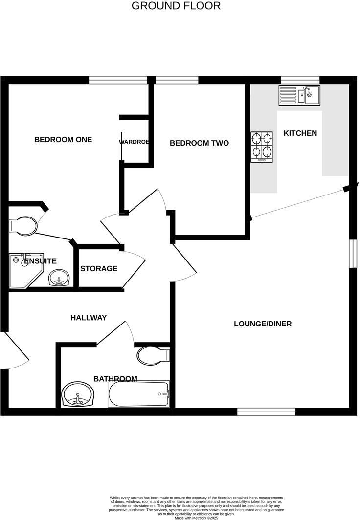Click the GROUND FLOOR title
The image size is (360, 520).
tap(176, 6)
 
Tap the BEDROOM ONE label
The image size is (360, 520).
tap(63, 140)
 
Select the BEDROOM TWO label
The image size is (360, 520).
tap(199, 143)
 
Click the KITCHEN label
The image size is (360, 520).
tap(300, 133)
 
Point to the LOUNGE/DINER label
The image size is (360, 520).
tap(263, 324)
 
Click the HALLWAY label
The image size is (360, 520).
tap(89, 318)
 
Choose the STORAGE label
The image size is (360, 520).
tap(99, 268)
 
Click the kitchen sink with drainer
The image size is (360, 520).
tap(299, 95)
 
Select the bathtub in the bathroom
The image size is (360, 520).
tap(138, 394)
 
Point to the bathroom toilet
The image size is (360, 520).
tap(152, 355)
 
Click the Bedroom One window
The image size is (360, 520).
tap(118, 80)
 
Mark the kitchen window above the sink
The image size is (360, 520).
tap(300, 80)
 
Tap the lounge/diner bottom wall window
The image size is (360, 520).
tap(266, 412)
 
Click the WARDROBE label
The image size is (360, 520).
tap(134, 142)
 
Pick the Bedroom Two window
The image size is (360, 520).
tap(177, 80)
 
